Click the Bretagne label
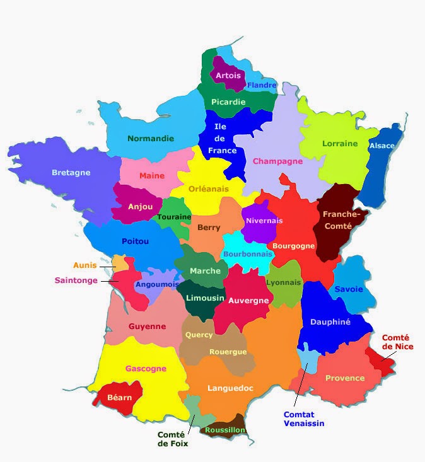pyautogui.click(x=71, y=173)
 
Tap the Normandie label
pyautogui.click(x=151, y=139)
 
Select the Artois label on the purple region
pyautogui.click(x=228, y=76)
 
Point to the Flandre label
pyautogui.click(x=262, y=86)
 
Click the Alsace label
pyautogui.click(x=382, y=146)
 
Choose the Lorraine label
pyautogui.click(x=340, y=144)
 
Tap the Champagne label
pyautogui.click(x=277, y=161)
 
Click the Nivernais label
pyautogui.click(x=264, y=221)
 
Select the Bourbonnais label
pyautogui.click(x=248, y=254)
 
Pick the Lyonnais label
pyautogui.click(x=284, y=283)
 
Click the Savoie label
pyautogui.click(x=349, y=289)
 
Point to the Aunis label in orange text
pyautogui.click(x=85, y=265)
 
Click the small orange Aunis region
pyautogui.click(x=119, y=263)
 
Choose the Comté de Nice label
pyautogui.click(x=395, y=342)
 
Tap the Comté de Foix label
pyautogui.click(x=173, y=439)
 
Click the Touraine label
pyautogui.click(x=174, y=217)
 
